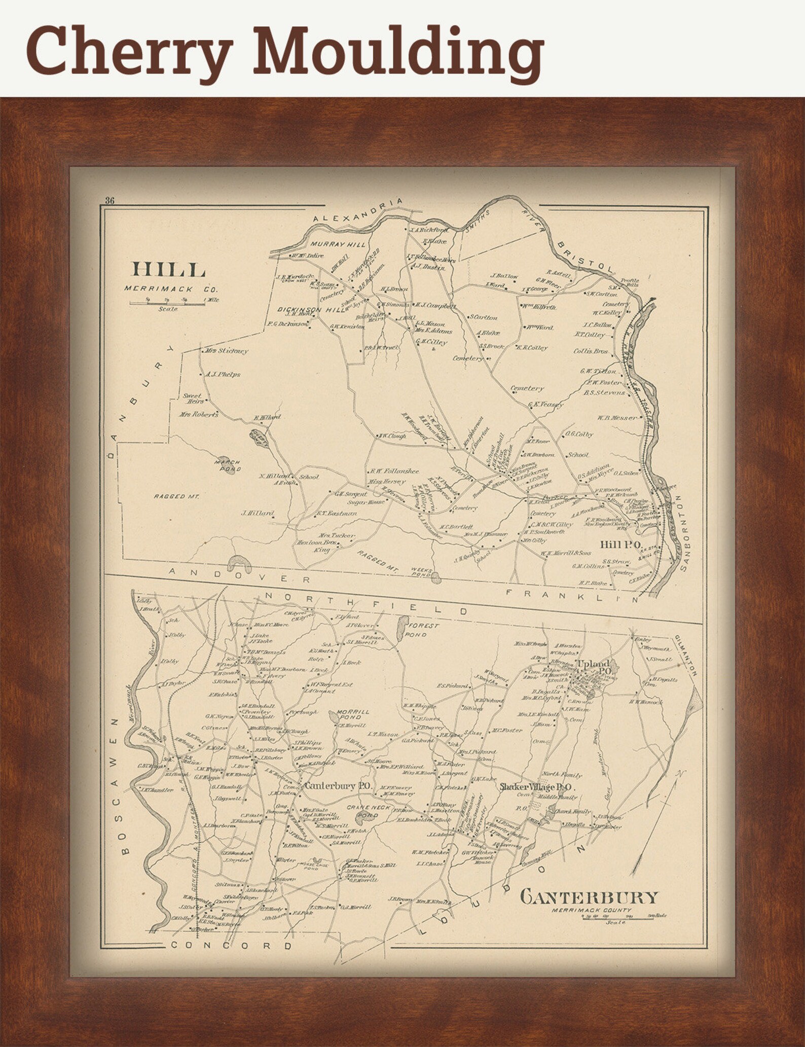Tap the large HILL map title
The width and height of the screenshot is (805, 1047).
tap(169, 269)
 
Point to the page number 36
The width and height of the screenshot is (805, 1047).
tap(109, 200)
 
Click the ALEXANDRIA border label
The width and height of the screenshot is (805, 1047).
tap(358, 210)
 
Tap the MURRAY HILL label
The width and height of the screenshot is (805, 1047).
tap(338, 244)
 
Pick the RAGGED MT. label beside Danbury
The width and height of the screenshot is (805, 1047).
tap(177, 496)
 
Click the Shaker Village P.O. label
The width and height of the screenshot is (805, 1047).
tap(535, 787)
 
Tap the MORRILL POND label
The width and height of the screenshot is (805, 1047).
tap(354, 714)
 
